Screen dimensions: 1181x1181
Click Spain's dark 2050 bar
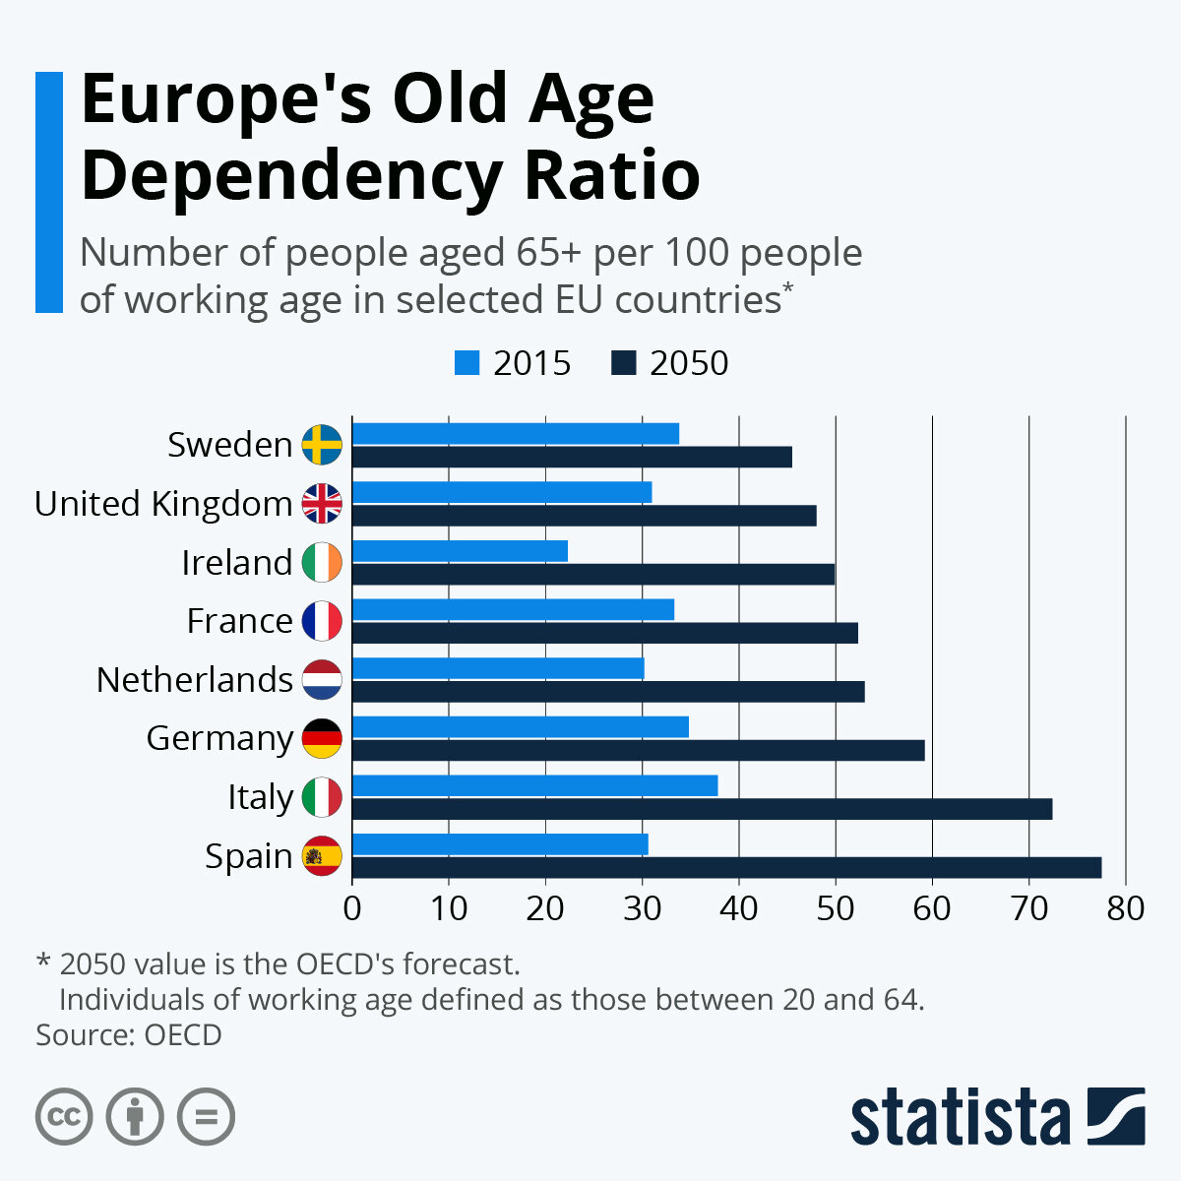coord(726,867)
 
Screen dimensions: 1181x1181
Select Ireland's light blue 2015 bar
coord(460,551)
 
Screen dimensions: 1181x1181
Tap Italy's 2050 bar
coord(702,809)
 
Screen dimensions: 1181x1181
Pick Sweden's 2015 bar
coord(516,433)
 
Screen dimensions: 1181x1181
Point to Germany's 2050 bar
coord(638,750)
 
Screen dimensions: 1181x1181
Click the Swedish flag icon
coord(322,445)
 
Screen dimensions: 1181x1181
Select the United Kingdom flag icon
coord(322,503)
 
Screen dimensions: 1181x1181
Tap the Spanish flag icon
coord(322,855)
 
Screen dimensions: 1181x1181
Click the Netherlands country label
coord(195,680)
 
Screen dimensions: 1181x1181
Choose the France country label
coord(240,621)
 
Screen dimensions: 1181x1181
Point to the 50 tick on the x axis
coord(835,907)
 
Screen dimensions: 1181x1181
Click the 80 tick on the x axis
coord(1125,907)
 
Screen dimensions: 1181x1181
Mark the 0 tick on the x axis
coord(352,907)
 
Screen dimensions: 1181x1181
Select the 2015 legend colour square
coord(466,363)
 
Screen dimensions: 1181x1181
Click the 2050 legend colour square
coord(623,363)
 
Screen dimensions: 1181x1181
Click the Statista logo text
coord(961,1117)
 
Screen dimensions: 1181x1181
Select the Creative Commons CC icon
coord(64,1117)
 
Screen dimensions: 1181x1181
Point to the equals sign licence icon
coord(207,1117)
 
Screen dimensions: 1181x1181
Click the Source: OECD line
coord(129,1035)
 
